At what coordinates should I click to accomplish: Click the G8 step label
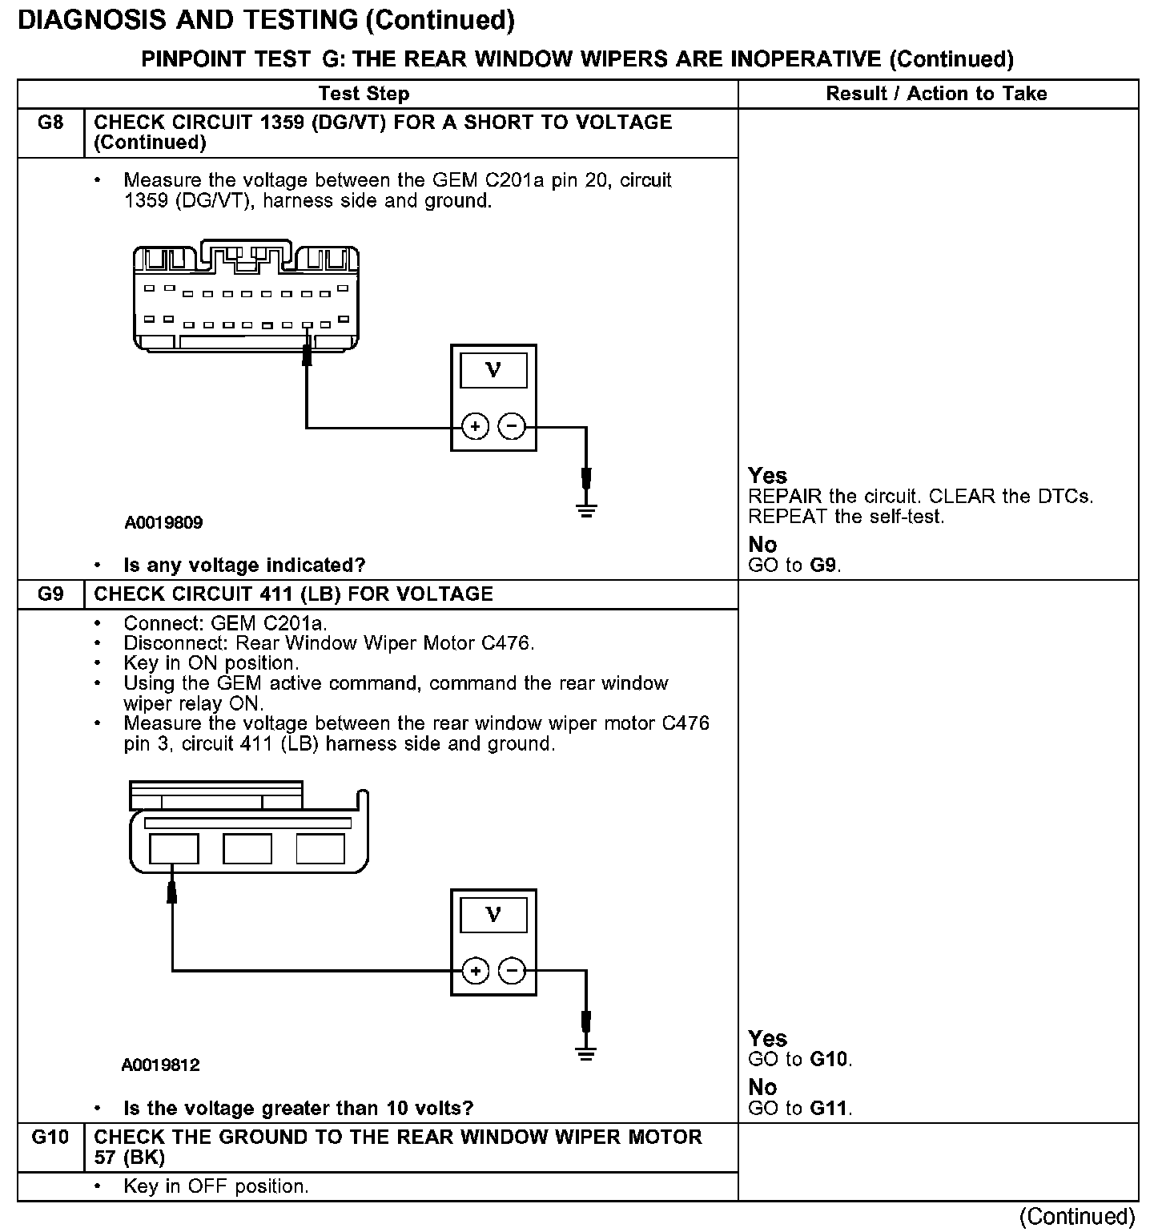[50, 123]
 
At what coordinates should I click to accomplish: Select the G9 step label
[50, 594]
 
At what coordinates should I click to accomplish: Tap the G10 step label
[50, 1137]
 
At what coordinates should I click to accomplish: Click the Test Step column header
[364, 94]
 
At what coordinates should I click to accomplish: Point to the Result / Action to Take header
[936, 94]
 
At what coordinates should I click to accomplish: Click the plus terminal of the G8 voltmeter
[476, 427]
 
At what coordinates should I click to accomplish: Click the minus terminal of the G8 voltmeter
[512, 427]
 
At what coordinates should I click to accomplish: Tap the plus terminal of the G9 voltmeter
[476, 971]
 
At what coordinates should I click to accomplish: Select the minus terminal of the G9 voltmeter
[512, 971]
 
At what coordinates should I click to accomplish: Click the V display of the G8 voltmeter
[493, 370]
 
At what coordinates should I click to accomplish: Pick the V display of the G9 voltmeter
[493, 915]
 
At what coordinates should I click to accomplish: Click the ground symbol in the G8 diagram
[586, 509]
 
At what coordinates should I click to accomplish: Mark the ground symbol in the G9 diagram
[586, 1053]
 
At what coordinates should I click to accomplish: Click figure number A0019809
[163, 523]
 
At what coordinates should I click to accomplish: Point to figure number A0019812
[161, 1065]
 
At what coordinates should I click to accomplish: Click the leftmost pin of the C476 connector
[174, 848]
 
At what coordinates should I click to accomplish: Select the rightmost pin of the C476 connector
[320, 848]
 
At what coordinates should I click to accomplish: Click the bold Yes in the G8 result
[767, 476]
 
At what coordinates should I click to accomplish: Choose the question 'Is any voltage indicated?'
[244, 566]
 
